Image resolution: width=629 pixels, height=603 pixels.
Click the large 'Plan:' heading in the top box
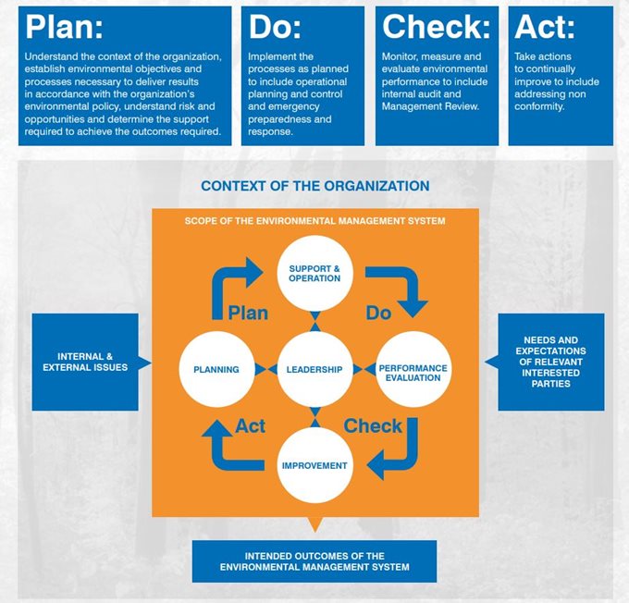coord(64,27)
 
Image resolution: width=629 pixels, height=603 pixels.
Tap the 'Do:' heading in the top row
coord(275,27)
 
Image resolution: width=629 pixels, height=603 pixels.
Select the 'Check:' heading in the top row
coord(436,27)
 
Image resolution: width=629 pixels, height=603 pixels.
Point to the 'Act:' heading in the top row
coord(544,27)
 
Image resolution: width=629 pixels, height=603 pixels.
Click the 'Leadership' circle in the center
coord(314,369)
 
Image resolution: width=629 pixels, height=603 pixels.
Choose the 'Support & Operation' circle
coord(314,273)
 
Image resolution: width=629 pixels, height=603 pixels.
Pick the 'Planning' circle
coord(216,369)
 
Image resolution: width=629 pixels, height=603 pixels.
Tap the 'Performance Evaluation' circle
coord(413,369)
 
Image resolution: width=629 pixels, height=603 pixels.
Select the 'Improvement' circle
coord(314,465)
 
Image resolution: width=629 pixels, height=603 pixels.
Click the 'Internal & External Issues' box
coord(85,362)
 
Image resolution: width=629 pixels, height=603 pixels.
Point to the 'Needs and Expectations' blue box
coord(550,362)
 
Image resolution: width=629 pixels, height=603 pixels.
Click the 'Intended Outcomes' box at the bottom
coord(314,561)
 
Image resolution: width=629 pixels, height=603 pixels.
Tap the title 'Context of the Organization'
coord(314,186)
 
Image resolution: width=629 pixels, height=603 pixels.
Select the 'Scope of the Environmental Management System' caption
coord(314,221)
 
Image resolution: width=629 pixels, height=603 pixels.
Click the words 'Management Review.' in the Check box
coord(430,106)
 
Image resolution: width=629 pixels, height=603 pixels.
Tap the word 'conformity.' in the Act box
coord(539,106)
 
